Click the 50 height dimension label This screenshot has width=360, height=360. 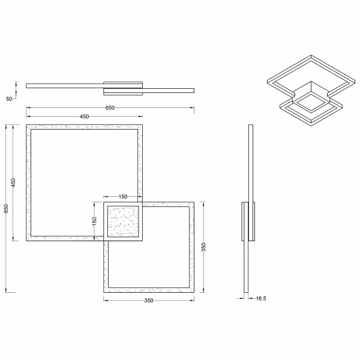(x=9, y=99)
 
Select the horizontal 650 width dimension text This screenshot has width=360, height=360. (x=110, y=107)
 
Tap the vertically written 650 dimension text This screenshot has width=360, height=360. (x=6, y=208)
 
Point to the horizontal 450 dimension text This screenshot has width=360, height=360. (x=85, y=116)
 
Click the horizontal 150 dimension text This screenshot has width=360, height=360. (x=122, y=196)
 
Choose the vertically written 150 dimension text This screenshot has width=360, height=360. (x=94, y=222)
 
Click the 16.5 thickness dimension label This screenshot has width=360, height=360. (x=261, y=298)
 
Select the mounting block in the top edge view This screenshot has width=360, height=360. (x=123, y=88)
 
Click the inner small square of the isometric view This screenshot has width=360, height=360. (x=310, y=100)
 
